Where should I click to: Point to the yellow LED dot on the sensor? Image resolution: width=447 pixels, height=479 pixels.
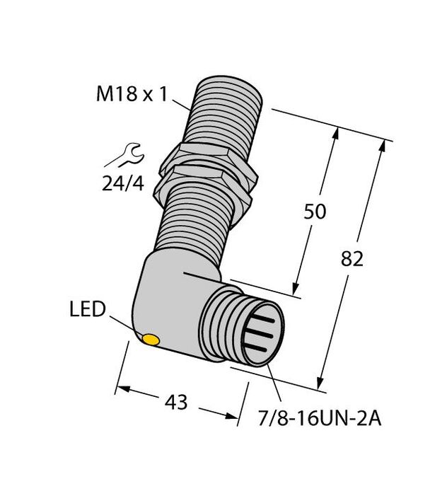[x=150, y=342]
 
